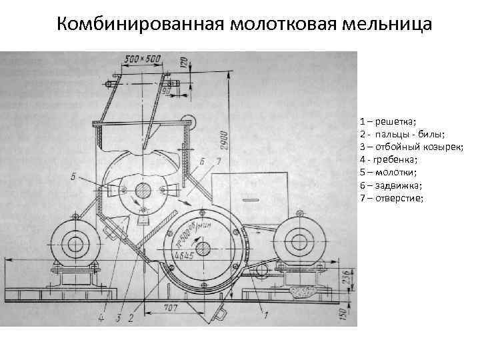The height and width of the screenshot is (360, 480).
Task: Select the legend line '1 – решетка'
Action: tap(387, 121)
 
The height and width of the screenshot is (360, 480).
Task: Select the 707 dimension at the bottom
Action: tap(170, 307)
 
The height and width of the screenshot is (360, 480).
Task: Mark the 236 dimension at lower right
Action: tap(345, 277)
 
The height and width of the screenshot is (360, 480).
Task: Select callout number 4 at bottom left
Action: tap(101, 318)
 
